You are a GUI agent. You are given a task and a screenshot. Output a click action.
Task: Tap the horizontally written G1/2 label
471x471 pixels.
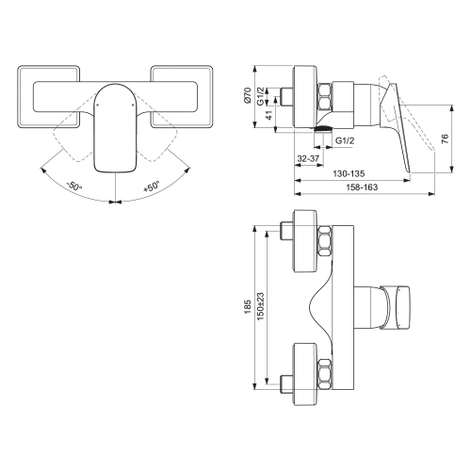click(x=347, y=139)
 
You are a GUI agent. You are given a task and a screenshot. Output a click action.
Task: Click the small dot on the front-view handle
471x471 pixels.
click(x=96, y=107)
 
